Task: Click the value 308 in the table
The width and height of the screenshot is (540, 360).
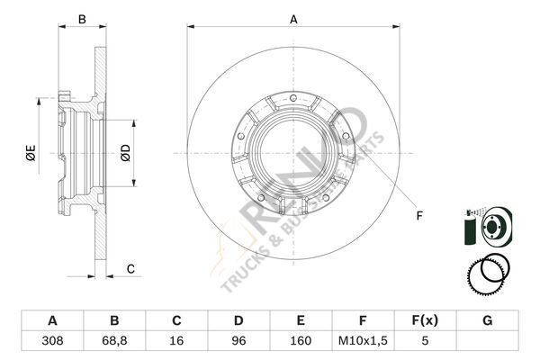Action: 52,341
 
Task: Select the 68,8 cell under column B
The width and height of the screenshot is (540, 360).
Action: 114,341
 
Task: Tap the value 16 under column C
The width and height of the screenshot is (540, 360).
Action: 176,341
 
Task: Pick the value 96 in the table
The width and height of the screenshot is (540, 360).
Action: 238,341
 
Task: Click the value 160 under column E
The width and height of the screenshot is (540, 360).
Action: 301,341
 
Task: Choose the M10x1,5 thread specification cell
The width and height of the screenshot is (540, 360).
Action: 363,341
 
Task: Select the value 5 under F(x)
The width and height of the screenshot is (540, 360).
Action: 425,341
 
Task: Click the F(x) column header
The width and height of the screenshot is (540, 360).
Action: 425,320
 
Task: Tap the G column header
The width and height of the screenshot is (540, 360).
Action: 487,320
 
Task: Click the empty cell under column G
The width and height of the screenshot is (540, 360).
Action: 487,341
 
